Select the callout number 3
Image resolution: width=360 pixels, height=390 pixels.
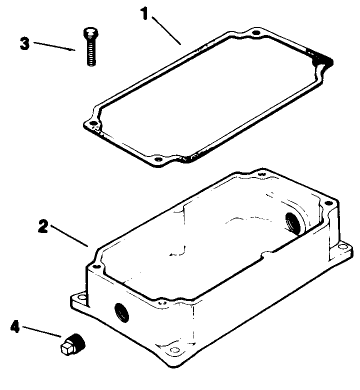pos(25,43)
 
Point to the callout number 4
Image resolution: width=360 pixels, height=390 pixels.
pos(16,324)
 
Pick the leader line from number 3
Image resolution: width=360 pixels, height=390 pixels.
pos(55,47)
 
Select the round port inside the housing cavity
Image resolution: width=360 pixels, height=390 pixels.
pos(294,222)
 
